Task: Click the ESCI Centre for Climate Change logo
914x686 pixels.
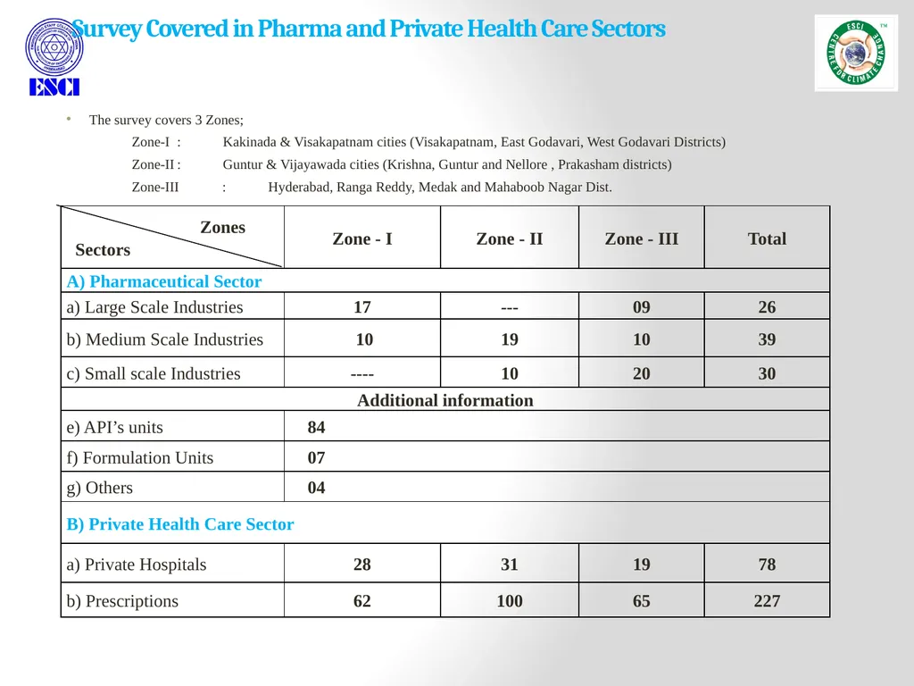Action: pos(856,53)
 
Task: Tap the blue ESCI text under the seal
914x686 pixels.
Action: pos(54,87)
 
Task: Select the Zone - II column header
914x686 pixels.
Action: pos(510,238)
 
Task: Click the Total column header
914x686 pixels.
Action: pos(767,238)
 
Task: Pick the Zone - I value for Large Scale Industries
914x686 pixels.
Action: pos(362,307)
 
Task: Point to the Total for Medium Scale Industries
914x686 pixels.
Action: pos(767,339)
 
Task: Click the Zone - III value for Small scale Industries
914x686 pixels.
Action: pos(641,373)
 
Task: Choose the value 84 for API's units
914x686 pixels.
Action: pos(316,427)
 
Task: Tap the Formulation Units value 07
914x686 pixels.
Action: pos(316,458)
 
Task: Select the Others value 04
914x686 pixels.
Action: pos(316,488)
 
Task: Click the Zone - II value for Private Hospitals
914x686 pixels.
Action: pos(510,565)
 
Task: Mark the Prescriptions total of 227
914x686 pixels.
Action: pos(767,601)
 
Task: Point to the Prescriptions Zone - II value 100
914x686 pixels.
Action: pos(510,601)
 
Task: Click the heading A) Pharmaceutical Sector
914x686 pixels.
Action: pos(164,281)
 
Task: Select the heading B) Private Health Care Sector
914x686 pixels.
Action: pos(180,523)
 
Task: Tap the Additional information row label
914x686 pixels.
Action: pos(445,400)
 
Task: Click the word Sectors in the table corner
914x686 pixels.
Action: pos(103,250)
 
